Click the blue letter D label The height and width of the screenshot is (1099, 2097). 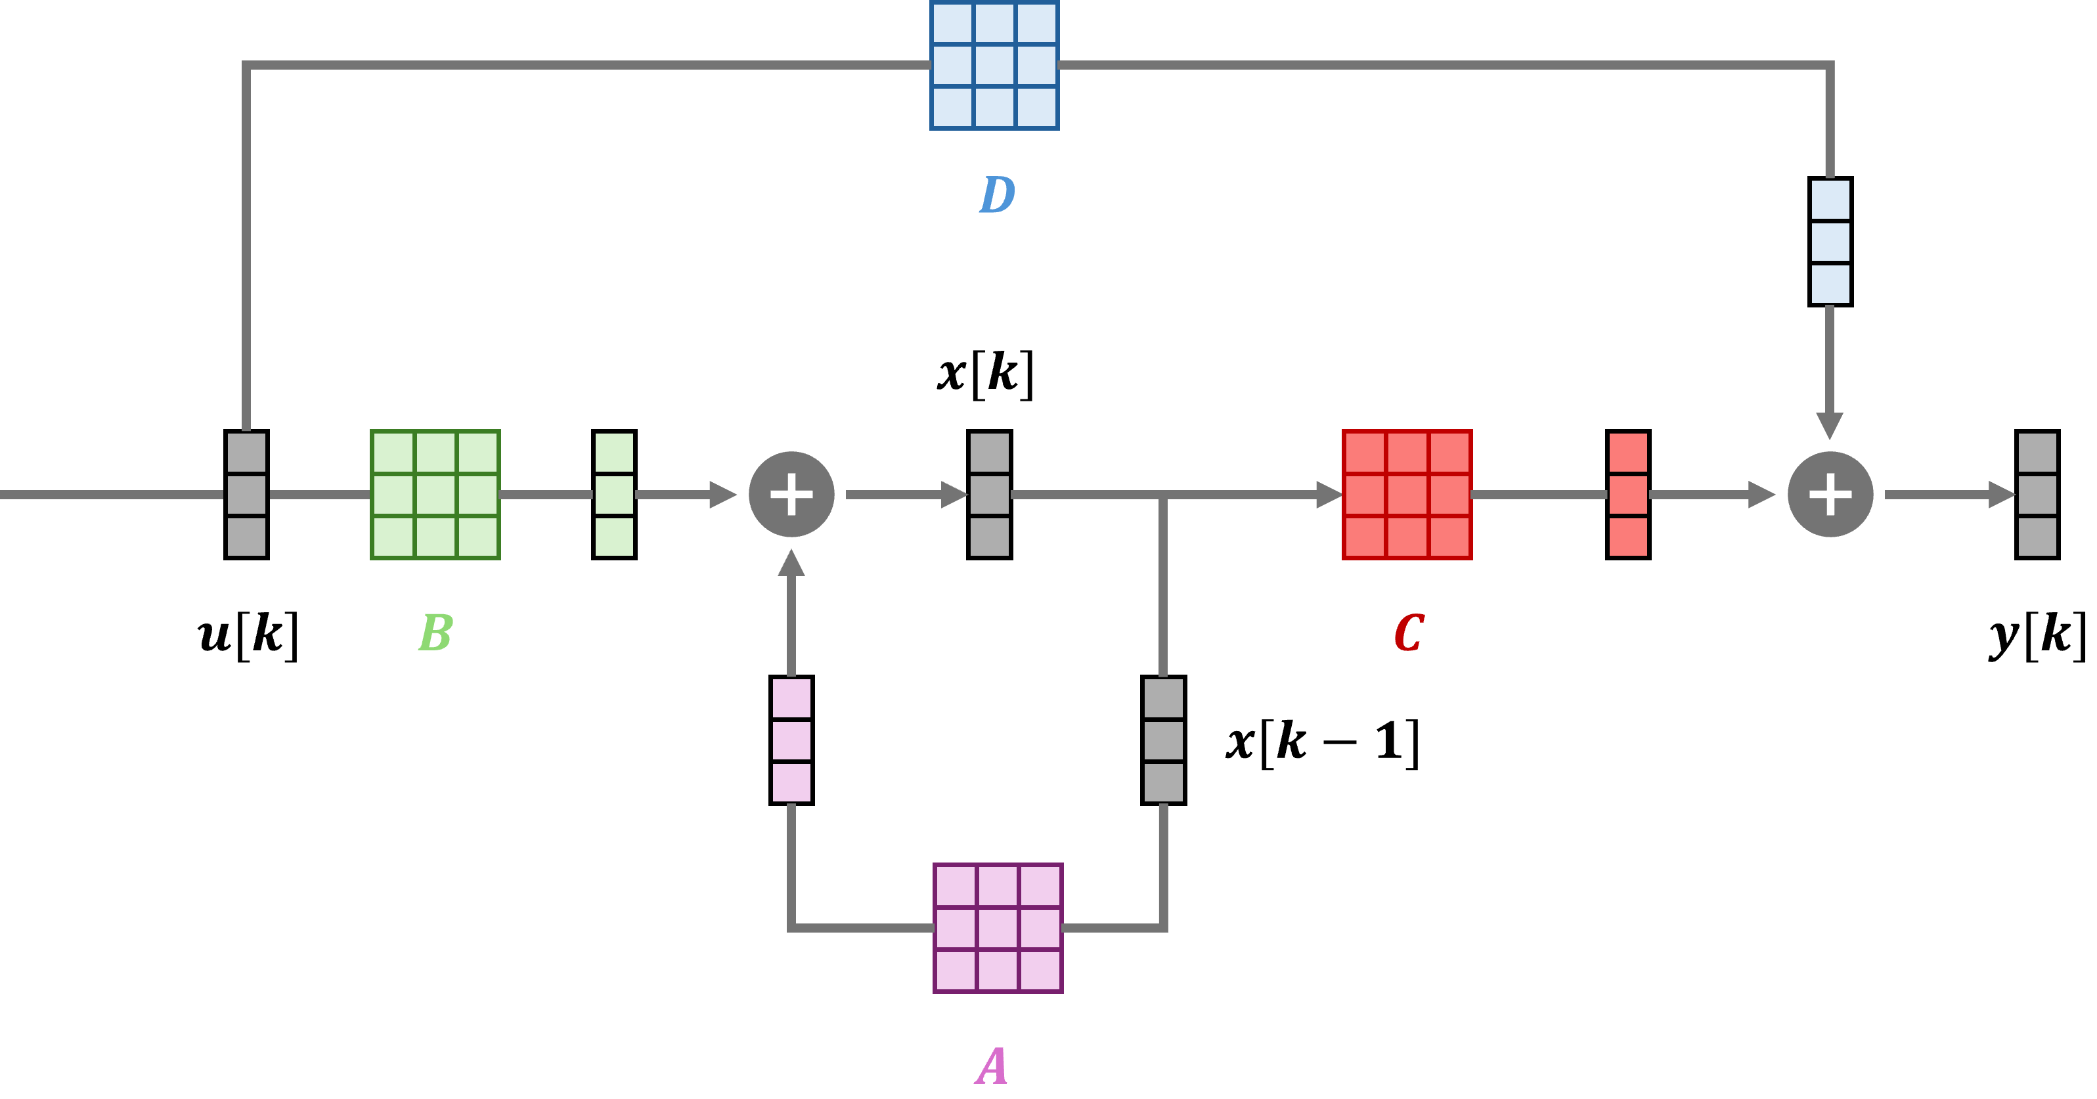996,194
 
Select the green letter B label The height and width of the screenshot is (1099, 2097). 435,633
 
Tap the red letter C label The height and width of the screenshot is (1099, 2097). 1408,633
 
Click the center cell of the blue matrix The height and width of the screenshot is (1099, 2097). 994,65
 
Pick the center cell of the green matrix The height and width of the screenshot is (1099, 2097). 435,494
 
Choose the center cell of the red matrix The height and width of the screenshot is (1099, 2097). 1407,494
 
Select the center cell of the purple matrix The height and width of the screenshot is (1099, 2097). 998,928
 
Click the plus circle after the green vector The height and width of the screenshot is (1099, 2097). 791,494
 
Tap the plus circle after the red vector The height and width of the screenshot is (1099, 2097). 1830,494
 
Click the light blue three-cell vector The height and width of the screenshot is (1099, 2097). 1830,242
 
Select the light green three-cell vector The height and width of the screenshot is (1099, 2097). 615,494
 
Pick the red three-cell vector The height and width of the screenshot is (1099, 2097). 1628,494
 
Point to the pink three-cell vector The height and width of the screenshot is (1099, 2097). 791,740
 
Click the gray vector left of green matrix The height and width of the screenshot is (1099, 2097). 247,494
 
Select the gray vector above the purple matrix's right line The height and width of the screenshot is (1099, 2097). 1163,740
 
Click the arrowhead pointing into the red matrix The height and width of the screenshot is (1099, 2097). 1329,494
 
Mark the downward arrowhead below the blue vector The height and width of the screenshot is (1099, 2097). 1830,426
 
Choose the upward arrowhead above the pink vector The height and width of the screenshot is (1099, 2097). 791,564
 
